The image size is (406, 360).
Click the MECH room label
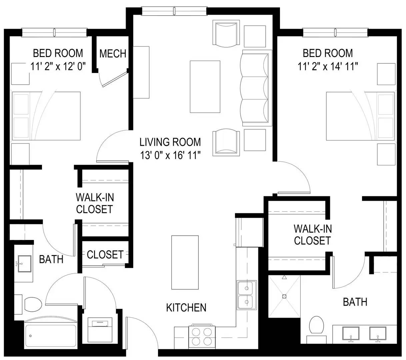point(113,54)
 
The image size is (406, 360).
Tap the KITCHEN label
point(186,307)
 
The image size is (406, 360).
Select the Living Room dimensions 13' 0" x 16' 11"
point(170,155)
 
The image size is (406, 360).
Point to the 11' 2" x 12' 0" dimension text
point(58,66)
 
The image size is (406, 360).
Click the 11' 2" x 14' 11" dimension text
point(328,66)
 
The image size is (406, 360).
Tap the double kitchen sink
point(247,295)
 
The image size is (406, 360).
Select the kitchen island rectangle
point(185,262)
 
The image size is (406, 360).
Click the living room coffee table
point(205,87)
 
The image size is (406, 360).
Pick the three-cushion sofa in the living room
point(256,88)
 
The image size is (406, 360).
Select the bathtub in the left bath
point(51,334)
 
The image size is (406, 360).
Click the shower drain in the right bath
point(284,296)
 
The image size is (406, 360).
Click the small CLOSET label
point(105,255)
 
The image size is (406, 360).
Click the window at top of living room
point(174,11)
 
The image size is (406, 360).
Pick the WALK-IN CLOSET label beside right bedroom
point(313,235)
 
